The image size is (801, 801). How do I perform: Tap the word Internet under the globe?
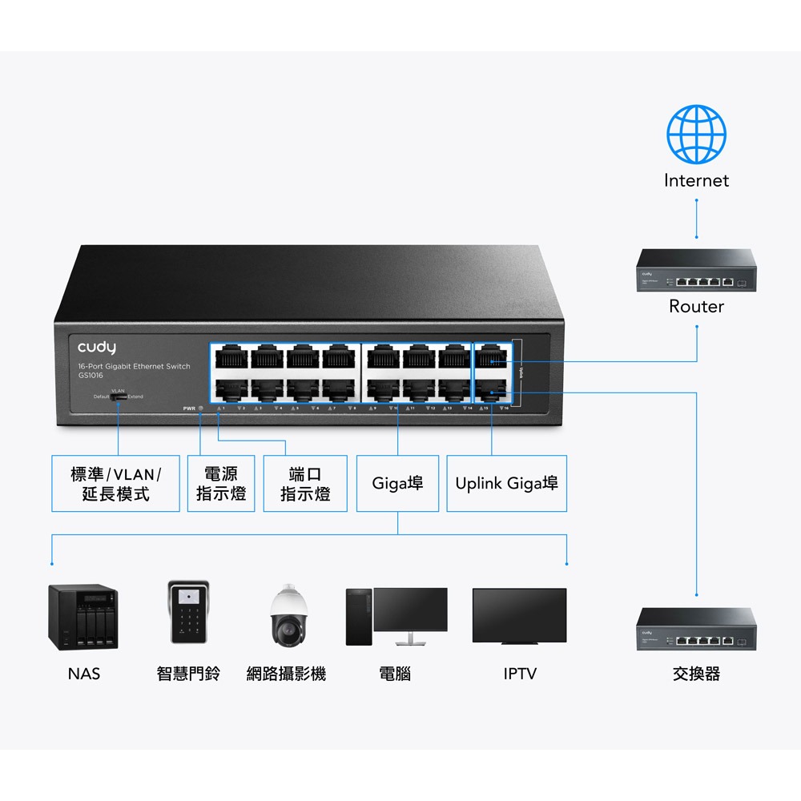[x=696, y=181]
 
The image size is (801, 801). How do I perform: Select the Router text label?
[x=696, y=307]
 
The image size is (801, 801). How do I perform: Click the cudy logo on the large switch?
[x=97, y=348]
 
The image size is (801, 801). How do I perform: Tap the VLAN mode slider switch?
[x=119, y=396]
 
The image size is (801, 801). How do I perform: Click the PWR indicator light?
[x=200, y=409]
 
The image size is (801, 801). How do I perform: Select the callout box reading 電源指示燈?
[x=221, y=484]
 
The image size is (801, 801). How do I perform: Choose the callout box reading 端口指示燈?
[x=305, y=484]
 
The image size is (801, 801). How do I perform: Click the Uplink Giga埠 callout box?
[x=506, y=484]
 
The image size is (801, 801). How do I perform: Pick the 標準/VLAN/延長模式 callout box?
[x=115, y=484]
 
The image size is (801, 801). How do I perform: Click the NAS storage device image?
[x=83, y=616]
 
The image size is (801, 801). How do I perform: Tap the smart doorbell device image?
[x=189, y=613]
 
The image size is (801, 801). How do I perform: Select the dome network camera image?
[x=286, y=616]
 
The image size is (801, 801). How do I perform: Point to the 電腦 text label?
[x=395, y=674]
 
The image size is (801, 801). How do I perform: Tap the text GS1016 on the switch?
[x=91, y=375]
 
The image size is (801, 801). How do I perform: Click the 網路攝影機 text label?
[x=286, y=674]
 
